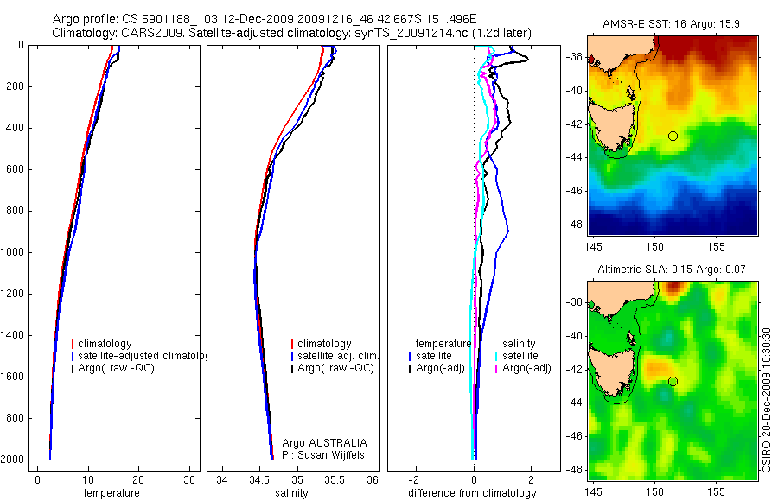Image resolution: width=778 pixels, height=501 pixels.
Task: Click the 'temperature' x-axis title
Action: tap(111, 493)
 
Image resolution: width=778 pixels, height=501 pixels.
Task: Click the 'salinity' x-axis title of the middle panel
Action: tap(290, 493)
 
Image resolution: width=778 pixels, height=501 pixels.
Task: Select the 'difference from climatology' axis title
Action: tap(472, 493)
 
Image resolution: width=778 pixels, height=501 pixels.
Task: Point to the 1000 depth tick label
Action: tap(12, 252)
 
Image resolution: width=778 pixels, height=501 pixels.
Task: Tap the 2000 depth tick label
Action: tap(12, 460)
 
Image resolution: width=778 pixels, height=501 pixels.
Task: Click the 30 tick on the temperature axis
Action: tap(188, 479)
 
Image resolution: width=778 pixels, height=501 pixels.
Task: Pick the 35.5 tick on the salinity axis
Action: tap(335, 479)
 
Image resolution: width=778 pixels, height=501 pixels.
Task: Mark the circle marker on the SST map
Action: tap(673, 136)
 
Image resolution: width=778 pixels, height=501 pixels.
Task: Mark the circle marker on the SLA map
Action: tap(673, 381)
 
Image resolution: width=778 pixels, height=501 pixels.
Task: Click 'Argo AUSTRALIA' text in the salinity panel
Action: tap(318, 442)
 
